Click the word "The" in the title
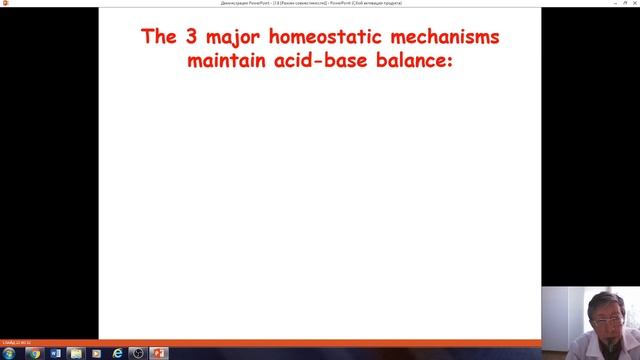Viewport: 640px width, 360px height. coord(158,38)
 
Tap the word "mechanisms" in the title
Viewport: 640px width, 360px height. coord(446,38)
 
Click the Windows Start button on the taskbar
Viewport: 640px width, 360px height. coord(8,353)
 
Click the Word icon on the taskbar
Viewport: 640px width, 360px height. coord(55,353)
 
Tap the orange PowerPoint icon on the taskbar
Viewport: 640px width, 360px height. coord(157,353)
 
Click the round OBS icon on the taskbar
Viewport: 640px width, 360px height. coord(137,353)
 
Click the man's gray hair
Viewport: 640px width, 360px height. coord(609,297)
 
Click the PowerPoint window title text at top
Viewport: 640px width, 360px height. coord(319,3)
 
